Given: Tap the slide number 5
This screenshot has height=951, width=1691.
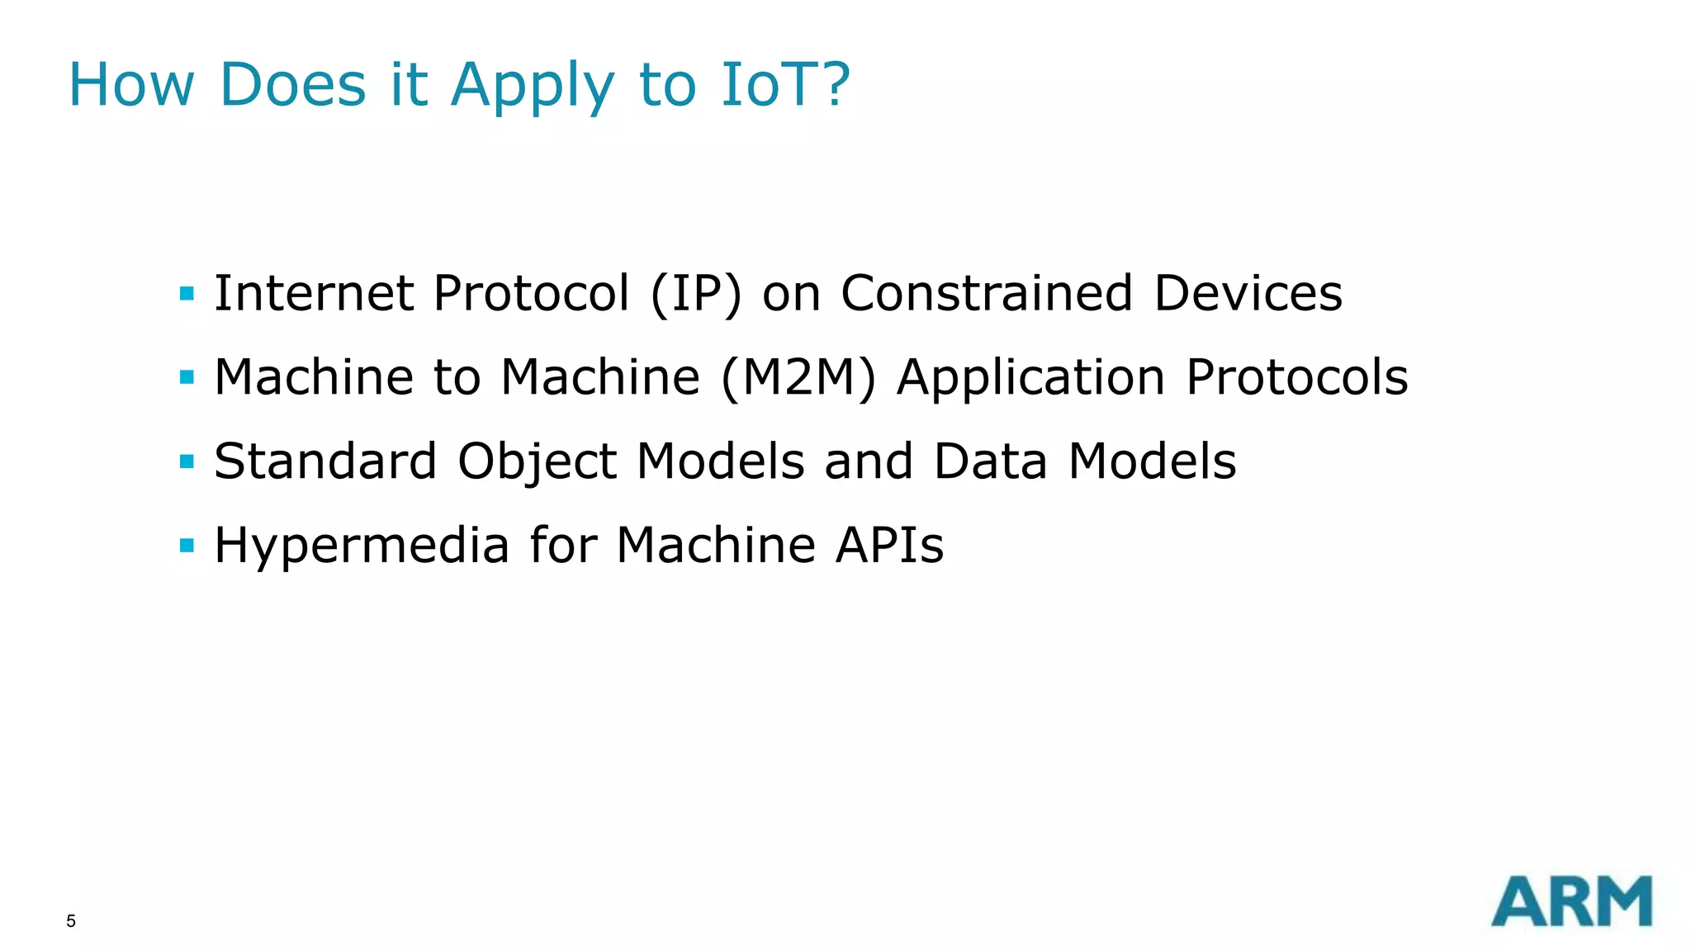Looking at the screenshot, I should [x=71, y=921].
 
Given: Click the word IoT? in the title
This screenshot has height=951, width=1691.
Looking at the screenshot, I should [x=784, y=84].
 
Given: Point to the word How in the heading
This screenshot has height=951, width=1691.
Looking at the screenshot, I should [x=131, y=84].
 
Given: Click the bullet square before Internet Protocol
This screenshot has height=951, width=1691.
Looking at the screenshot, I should [x=187, y=293].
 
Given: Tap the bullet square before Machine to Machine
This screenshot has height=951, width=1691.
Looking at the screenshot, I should [x=187, y=377].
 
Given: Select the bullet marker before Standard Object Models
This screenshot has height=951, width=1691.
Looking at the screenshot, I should [x=187, y=461].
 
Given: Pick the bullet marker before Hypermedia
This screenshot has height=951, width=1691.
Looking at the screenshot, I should [x=187, y=545].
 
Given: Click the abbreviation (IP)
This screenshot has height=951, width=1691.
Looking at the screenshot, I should [x=695, y=294].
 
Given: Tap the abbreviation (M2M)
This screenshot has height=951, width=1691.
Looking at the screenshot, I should [x=798, y=378].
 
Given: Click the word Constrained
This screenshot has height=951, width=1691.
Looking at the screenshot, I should [x=987, y=293].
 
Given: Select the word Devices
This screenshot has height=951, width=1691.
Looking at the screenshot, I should [x=1248, y=293].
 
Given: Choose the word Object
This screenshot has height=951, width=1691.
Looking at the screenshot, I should [x=537, y=462].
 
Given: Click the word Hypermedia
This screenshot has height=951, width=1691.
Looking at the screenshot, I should [x=362, y=546].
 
